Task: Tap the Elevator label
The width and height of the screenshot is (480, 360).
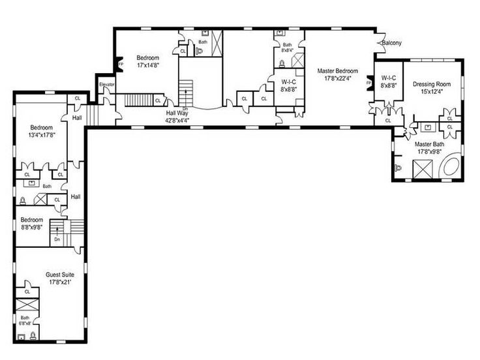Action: click(107, 85)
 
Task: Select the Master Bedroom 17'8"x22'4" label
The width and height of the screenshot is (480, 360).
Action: click(337, 74)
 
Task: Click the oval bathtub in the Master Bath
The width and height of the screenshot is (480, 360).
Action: click(451, 168)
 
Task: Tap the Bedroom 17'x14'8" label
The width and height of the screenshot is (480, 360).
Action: click(147, 61)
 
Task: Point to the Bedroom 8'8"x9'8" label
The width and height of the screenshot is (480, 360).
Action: click(31, 224)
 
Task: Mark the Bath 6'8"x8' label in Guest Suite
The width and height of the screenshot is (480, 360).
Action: click(25, 320)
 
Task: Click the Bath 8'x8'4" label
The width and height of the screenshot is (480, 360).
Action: click(286, 47)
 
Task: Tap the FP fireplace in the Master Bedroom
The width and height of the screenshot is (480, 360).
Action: click(369, 84)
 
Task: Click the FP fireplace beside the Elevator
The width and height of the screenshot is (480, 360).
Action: click(120, 65)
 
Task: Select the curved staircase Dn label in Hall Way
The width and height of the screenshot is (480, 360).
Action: click(186, 109)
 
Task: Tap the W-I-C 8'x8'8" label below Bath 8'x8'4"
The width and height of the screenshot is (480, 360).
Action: click(288, 85)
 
